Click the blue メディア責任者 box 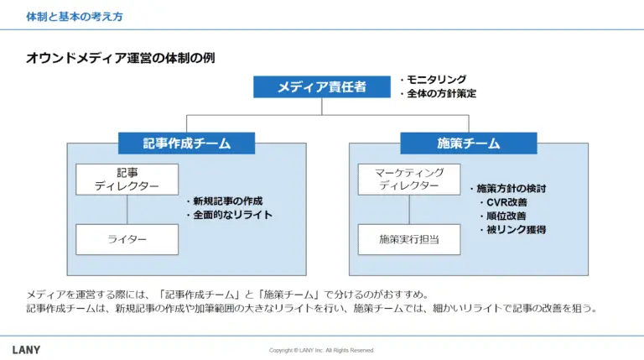click(322, 86)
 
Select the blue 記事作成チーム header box click(186, 143)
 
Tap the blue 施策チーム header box click(469, 143)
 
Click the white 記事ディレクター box click(127, 180)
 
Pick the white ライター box click(127, 239)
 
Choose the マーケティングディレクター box click(409, 180)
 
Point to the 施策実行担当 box click(409, 239)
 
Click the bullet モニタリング click(434, 80)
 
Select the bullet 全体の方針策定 click(438, 94)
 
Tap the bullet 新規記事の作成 click(224, 201)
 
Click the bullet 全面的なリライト click(229, 215)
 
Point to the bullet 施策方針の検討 click(508, 189)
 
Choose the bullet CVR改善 click(503, 202)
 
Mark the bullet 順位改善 click(503, 216)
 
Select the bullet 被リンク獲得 click(512, 229)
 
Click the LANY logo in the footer click(26, 350)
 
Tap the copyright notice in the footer click(322, 351)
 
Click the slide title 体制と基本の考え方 click(75, 17)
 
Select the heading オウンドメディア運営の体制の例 click(121, 58)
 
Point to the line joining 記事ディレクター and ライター click(127, 210)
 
